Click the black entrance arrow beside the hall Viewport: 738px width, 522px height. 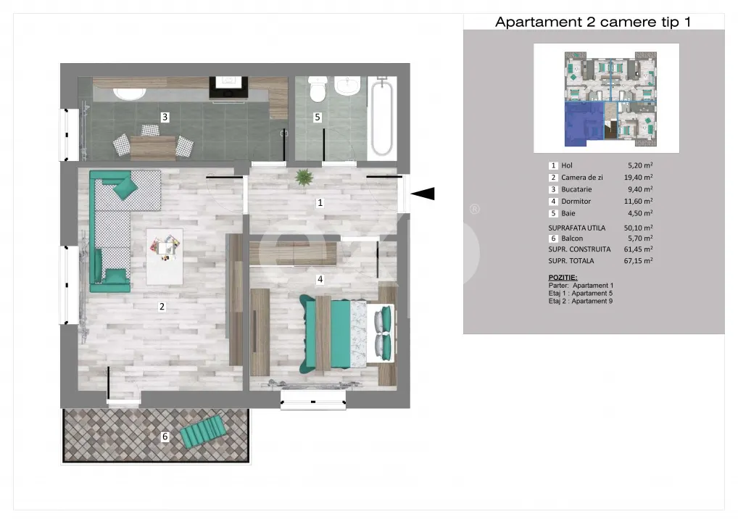pyautogui.click(x=423, y=194)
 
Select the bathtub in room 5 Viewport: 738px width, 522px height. pyautogui.click(x=382, y=117)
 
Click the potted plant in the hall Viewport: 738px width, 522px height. pyautogui.click(x=304, y=178)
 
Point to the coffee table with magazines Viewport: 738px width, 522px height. pyautogui.click(x=165, y=257)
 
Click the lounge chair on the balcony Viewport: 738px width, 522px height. pyautogui.click(x=203, y=430)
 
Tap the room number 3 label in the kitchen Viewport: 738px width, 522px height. pyautogui.click(x=165, y=117)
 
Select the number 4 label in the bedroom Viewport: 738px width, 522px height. pyautogui.click(x=320, y=279)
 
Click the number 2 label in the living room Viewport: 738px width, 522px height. pyautogui.click(x=162, y=307)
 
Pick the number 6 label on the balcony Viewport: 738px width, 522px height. pyautogui.click(x=165, y=436)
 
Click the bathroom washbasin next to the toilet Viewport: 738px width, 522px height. pyautogui.click(x=347, y=86)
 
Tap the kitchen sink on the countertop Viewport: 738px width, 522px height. pyautogui.click(x=130, y=94)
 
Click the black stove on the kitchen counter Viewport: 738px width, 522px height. pyautogui.click(x=229, y=88)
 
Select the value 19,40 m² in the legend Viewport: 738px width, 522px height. pyautogui.click(x=638, y=178)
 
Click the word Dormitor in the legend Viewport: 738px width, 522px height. pyautogui.click(x=576, y=201)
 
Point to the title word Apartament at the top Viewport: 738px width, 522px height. pyautogui.click(x=539, y=22)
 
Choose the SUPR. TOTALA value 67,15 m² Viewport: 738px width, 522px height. pyautogui.click(x=638, y=260)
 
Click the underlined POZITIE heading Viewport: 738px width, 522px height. pyautogui.click(x=563, y=277)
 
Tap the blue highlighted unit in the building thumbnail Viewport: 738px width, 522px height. pyautogui.click(x=584, y=124)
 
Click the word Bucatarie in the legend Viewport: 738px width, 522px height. pyautogui.click(x=576, y=189)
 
